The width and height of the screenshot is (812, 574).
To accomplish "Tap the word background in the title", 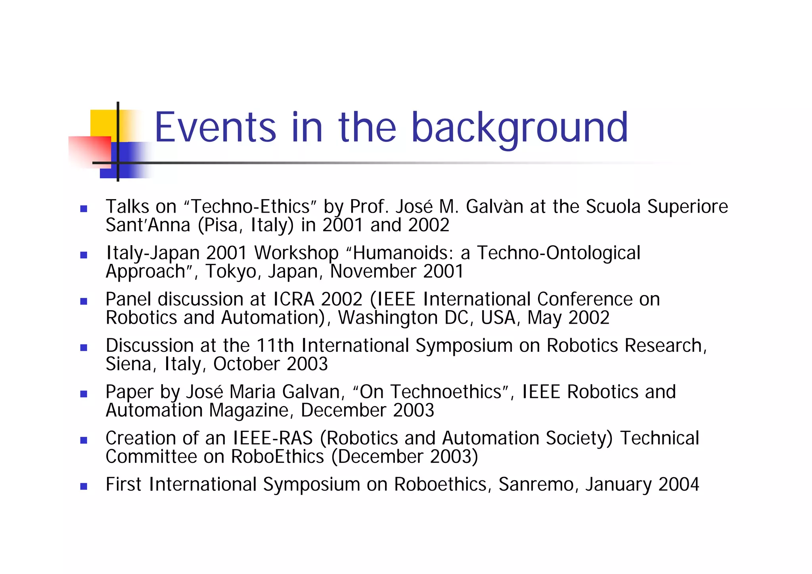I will click(x=520, y=128).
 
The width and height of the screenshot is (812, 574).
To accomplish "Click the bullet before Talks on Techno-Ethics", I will click(x=84, y=209).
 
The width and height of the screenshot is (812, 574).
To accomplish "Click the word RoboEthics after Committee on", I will click(x=278, y=457).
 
